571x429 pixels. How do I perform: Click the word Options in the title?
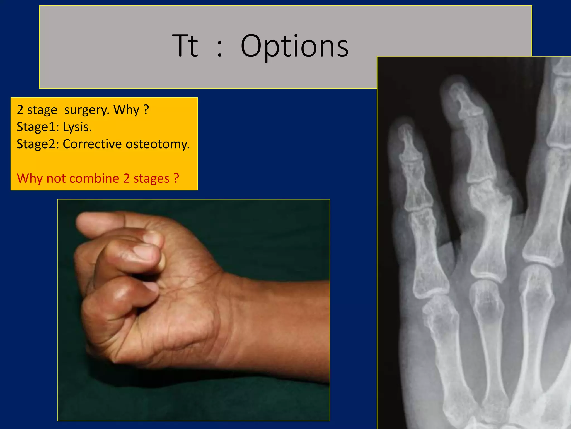(294, 46)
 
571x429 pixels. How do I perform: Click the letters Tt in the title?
(185, 46)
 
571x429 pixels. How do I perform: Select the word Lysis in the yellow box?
(77, 127)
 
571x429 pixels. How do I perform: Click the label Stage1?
(38, 127)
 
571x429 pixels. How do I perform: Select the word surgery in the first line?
(87, 110)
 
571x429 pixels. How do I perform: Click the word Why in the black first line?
(126, 109)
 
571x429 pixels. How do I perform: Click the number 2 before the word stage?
(20, 110)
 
